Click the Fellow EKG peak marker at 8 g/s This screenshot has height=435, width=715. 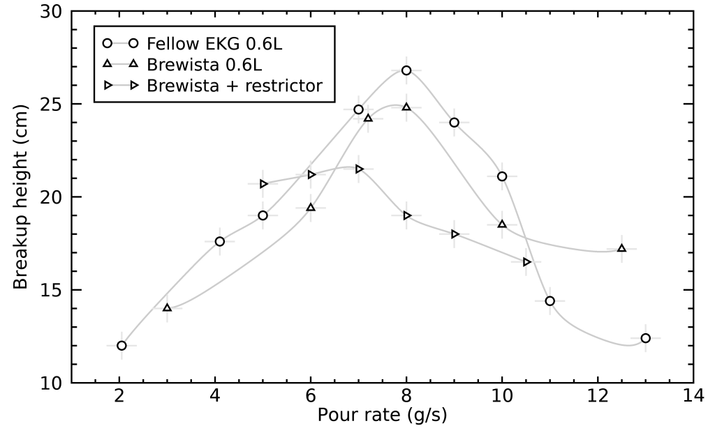406,70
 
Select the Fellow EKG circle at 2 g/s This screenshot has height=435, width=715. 121,346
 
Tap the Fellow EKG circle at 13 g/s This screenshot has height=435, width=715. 645,338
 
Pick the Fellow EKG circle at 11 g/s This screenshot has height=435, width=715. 550,301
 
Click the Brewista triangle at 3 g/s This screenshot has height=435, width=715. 167,307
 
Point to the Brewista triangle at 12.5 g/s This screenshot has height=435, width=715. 621,248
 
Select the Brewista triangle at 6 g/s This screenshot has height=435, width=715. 311,208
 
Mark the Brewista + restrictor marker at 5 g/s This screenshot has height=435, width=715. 263,184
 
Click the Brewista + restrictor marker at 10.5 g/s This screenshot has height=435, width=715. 526,262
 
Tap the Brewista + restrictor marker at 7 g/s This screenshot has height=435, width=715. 359,169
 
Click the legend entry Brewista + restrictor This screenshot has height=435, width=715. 235,86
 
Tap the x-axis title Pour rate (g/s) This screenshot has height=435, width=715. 382,415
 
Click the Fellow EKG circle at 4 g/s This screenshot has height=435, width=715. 220,241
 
